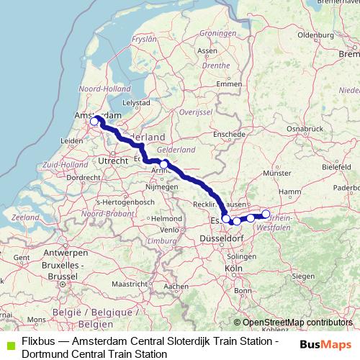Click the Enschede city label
pyautogui.click(x=230, y=134)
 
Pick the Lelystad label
pyautogui.click(x=136, y=103)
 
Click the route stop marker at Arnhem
pyautogui.click(x=164, y=165)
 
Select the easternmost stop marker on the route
pyautogui.click(x=266, y=213)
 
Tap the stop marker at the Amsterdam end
pyautogui.click(x=94, y=122)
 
